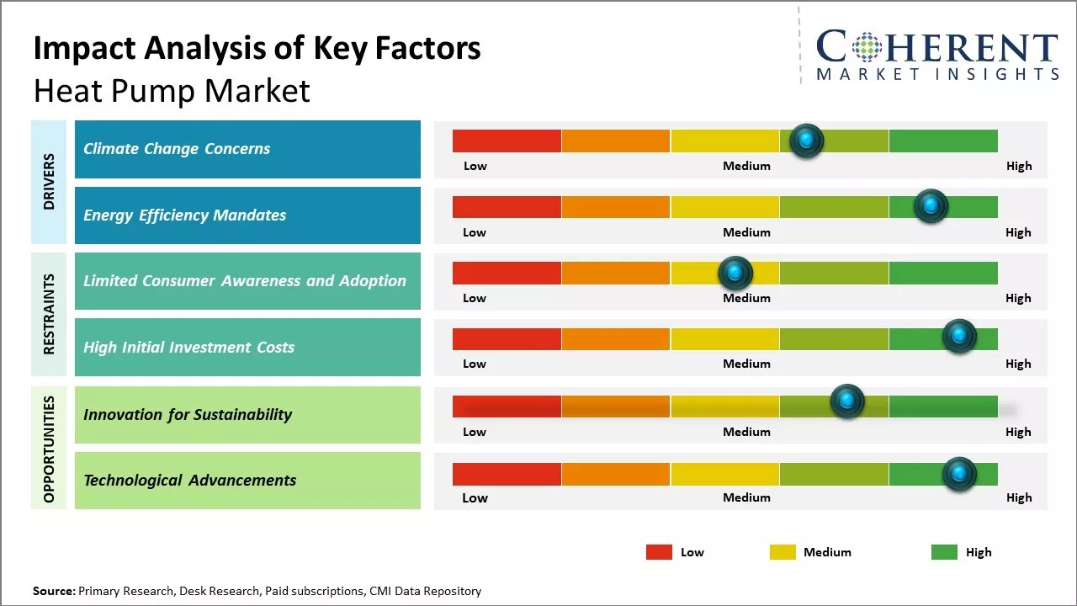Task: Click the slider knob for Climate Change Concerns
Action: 807,141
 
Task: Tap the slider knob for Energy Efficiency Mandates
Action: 931,206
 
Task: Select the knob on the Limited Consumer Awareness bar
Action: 735,273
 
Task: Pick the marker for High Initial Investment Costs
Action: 959,337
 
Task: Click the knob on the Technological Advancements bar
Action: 959,474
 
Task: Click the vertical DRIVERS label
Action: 49,182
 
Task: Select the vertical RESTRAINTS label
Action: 49,314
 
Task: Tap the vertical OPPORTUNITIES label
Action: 49,449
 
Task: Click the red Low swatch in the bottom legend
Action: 659,552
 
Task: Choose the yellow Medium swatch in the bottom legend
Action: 783,552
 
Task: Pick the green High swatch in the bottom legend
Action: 944,552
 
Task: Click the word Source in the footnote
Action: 53,591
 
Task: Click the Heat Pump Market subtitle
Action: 172,91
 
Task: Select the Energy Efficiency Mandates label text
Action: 184,215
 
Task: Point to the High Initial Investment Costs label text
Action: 188,348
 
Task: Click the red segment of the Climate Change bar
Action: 507,141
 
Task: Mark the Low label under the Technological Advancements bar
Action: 475,497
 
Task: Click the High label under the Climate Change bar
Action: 1018,166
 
